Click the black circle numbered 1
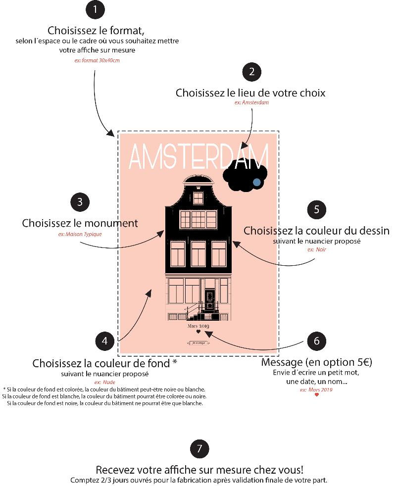[x=96, y=10]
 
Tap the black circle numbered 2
[x=252, y=72]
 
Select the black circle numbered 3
[x=80, y=201]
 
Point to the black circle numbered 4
[x=104, y=340]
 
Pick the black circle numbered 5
[x=317, y=209]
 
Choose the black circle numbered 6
[x=317, y=340]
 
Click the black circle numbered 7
[x=199, y=448]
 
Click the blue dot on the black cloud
[x=256, y=182]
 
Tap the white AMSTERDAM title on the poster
[x=198, y=157]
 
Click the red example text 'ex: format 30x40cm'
[x=97, y=60]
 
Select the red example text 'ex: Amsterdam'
[x=251, y=102]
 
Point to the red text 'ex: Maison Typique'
[x=80, y=234]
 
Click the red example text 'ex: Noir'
[x=317, y=250]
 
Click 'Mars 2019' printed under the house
[x=198, y=326]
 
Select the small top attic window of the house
[x=198, y=197]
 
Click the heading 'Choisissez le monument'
[x=80, y=223]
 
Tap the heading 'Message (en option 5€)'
[x=317, y=362]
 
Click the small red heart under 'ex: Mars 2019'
[x=317, y=395]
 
